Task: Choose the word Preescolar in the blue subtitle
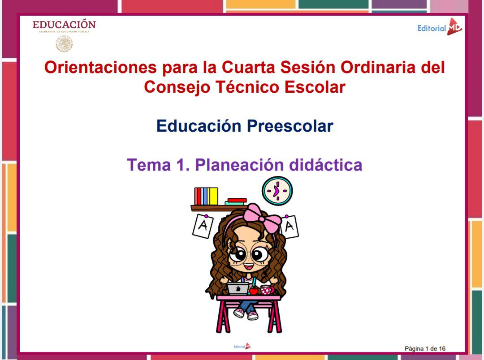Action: pos(290,126)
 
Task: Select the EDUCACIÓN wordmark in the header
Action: pos(64,25)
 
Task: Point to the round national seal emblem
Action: pos(64,44)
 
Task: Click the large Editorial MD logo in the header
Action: pos(439,28)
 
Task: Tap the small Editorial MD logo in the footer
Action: pos(242,346)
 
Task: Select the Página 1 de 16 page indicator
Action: pos(425,348)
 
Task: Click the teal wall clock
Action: pos(277,191)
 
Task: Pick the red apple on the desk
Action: pos(254,291)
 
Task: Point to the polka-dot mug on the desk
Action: pos(267,290)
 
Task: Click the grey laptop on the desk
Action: pos(238,288)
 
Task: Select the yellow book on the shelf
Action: pos(213,196)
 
